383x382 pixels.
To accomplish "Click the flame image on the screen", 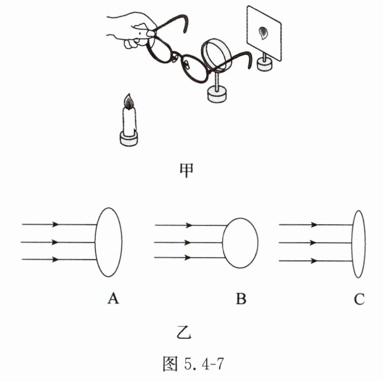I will click(263, 34).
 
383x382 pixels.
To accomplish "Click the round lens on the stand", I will click(217, 55).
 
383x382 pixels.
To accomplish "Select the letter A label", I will click(113, 299).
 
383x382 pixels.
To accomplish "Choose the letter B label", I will click(241, 299).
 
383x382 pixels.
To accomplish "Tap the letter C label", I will click(359, 299).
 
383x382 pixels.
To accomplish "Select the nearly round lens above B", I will click(240, 242).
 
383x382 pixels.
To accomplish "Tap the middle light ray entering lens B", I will click(188, 242).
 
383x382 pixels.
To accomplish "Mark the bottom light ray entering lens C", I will click(315, 261).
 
